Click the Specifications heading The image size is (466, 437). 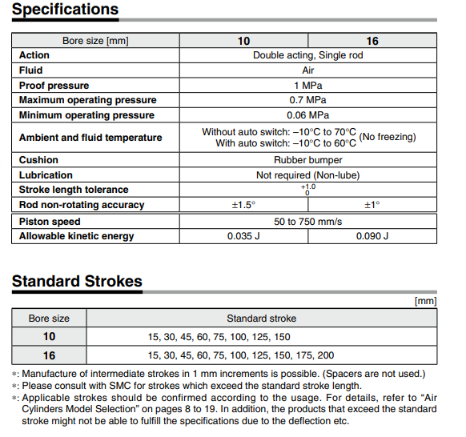click(66, 10)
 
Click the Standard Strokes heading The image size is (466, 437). click(77, 281)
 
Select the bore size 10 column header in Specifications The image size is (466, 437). click(243, 41)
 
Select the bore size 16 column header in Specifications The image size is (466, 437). click(372, 41)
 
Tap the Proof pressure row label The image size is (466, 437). click(54, 86)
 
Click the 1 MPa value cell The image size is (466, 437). click(307, 86)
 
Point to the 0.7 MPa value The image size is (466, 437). click(307, 100)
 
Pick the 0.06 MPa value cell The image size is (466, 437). click(307, 115)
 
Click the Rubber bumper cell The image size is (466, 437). click(307, 160)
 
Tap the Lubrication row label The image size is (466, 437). click(46, 175)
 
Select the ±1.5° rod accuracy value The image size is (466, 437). click(243, 205)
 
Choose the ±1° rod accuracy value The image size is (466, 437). click(372, 205)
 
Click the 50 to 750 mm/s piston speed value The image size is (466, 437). click(307, 221)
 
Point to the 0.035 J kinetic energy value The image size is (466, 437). click(243, 236)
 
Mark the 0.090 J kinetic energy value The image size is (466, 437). click(372, 236)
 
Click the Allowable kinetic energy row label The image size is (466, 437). click(77, 236)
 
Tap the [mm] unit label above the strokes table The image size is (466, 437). click(424, 301)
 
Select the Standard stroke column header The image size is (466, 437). click(261, 318)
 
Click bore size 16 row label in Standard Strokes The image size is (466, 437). click(49, 355)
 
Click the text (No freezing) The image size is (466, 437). click(388, 137)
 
